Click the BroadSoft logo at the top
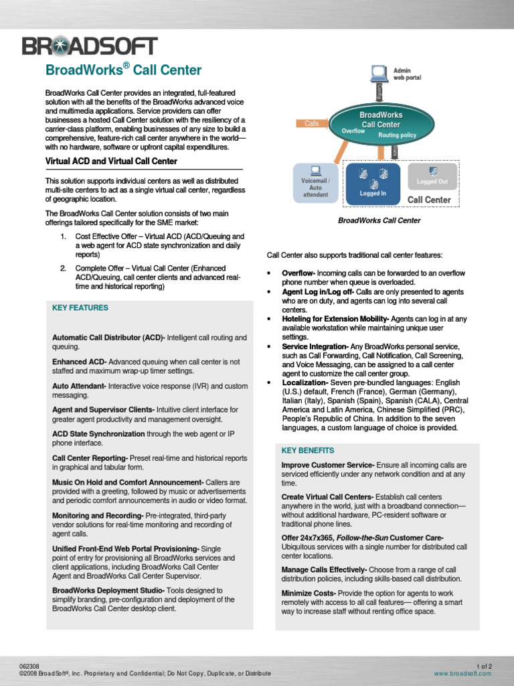90,46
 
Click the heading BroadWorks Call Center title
122,70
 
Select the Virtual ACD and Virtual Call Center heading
111,161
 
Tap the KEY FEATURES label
80,307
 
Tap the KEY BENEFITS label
308,450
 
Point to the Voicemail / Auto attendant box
315,182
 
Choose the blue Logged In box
373,183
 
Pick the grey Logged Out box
432,176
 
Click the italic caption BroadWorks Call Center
379,220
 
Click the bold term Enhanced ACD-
80,362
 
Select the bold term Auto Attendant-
80,386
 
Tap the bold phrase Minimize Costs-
309,593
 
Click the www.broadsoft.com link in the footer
463,673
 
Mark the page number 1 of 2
484,666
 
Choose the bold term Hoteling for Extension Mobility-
335,319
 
